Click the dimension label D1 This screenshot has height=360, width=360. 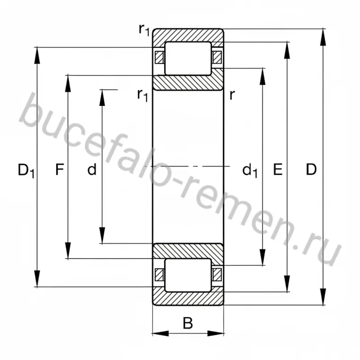26,171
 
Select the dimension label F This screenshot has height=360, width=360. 59,170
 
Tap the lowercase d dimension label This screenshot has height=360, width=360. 92,170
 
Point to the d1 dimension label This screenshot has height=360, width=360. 250,171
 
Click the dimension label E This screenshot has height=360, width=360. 278,170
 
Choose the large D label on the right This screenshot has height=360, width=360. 311,170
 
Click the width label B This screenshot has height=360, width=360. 188,323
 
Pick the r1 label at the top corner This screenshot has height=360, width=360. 144,30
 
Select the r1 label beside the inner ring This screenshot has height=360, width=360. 142,95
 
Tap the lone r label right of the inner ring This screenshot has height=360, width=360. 232,95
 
